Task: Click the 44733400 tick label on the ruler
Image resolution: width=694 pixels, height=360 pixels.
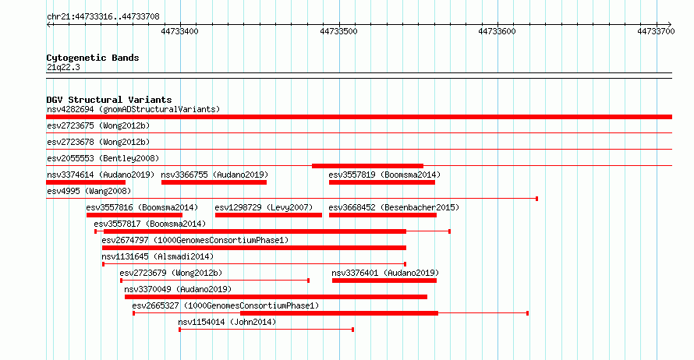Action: coord(179,31)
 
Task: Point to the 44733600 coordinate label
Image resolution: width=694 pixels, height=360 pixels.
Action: coord(497,31)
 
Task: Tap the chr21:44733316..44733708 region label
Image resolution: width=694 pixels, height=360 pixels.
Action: coord(103,17)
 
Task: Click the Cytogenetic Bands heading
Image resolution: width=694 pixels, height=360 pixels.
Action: coord(93,58)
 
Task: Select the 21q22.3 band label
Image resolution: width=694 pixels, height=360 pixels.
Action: coord(63,67)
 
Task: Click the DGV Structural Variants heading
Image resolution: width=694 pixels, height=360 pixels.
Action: coord(109,100)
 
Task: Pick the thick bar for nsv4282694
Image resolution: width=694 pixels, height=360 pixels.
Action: coord(359,117)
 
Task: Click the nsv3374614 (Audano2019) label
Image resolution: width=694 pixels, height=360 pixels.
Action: coord(101,175)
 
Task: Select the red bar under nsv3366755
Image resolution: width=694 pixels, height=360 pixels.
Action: coord(214,182)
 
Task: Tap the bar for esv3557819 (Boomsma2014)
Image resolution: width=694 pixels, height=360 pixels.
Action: coord(382,182)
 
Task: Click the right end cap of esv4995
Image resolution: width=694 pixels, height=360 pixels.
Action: coord(537,199)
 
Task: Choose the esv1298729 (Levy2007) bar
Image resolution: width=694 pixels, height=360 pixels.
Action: coord(268,215)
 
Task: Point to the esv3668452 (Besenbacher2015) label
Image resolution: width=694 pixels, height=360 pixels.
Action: coord(394,207)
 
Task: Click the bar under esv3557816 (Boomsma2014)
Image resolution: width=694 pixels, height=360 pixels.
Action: coord(134,215)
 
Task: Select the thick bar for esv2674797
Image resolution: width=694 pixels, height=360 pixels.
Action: coord(254,248)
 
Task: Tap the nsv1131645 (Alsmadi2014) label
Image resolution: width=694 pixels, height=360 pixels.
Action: coord(158,256)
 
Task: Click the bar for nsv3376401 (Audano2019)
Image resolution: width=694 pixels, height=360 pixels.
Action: coord(384,281)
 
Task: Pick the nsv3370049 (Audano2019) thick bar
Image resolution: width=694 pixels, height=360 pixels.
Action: coord(276,297)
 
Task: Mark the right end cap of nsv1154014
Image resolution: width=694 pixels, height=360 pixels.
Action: coord(352,330)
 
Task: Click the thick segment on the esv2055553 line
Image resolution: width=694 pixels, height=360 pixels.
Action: coord(367,166)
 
